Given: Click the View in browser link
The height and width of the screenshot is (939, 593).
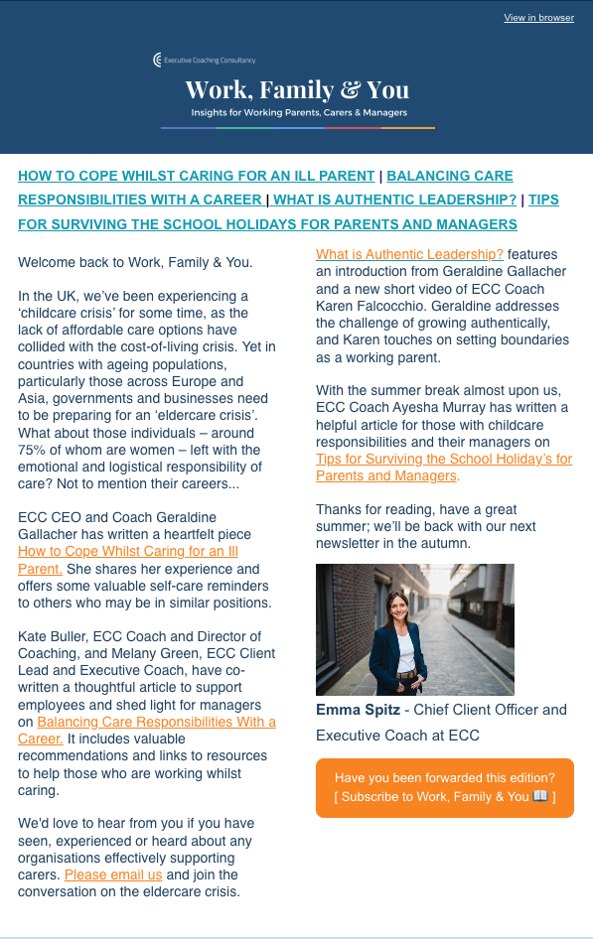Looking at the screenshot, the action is point(538,18).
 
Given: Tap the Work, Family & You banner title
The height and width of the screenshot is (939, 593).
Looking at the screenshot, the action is point(297,89).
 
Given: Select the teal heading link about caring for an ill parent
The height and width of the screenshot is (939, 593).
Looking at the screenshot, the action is point(197,176).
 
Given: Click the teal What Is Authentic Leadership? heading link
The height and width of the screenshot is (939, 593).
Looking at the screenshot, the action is point(395,200).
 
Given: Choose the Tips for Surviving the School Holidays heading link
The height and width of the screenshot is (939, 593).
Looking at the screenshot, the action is point(267,223).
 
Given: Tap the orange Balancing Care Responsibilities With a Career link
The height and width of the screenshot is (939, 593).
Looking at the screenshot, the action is point(156,722).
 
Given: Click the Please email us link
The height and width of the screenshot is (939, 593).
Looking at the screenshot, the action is point(113,874).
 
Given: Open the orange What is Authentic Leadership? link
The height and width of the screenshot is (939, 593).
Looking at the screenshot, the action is point(409,254).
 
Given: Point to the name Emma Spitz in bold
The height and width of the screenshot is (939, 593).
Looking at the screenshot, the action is point(358,710).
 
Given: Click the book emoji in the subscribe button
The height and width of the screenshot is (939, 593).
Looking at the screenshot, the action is point(540,796).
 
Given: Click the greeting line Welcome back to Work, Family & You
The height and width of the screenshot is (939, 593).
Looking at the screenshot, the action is point(135,263).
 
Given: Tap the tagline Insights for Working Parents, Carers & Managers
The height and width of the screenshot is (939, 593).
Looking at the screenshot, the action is point(297,113).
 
